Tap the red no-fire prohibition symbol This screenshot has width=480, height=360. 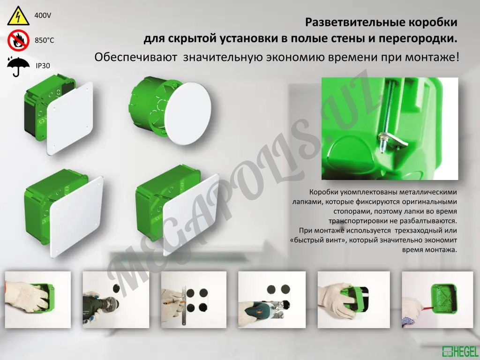tap(18, 40)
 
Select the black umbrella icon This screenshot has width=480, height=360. tap(18, 66)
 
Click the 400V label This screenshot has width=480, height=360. tap(43, 16)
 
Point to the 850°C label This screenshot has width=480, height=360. tap(45, 40)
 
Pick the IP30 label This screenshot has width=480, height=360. tap(43, 66)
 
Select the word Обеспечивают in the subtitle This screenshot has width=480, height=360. tap(135, 58)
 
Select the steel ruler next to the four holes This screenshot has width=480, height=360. tap(186, 300)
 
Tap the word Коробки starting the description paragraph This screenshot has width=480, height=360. tap(322, 192)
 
